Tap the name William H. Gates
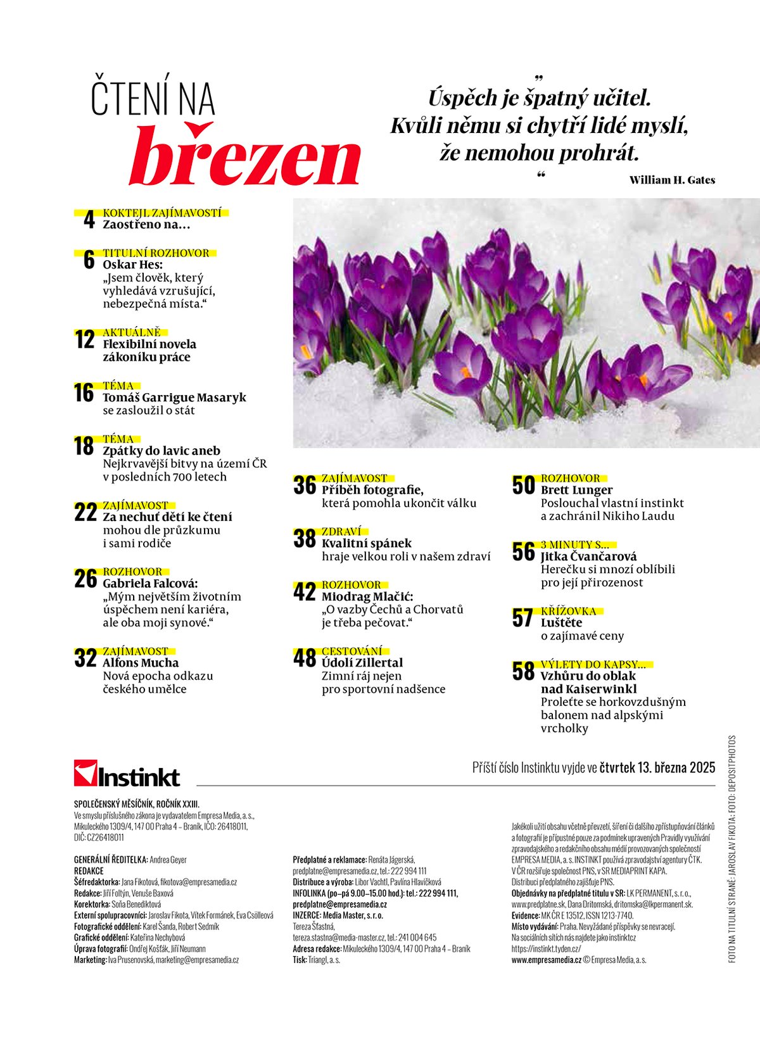pos(672,180)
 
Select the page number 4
pos(89,220)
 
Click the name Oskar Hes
pos(132,265)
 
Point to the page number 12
pos(84,340)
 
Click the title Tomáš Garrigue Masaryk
pos(174,398)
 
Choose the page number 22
pos(85,512)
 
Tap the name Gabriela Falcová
pos(150,583)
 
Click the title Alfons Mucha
pos(141,663)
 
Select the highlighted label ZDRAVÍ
pos(341,532)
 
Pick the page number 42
pos(304,592)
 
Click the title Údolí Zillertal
pos(362,663)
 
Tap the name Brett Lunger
pos(576,490)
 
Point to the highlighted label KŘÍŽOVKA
pos(568,611)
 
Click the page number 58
pos(523,672)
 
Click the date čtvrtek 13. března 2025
pos(657,768)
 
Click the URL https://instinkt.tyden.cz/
pos(546,948)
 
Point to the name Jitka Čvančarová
pos(588,556)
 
